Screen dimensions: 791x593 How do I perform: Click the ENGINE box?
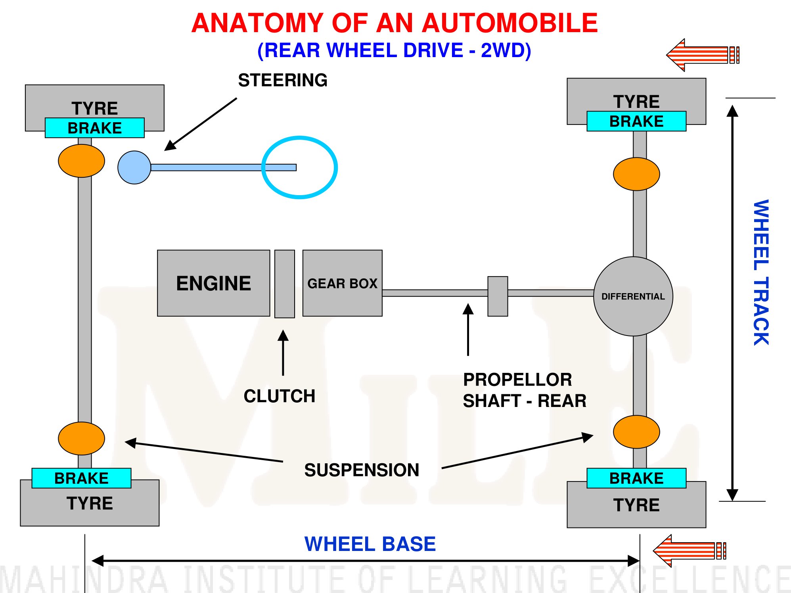pyautogui.click(x=213, y=283)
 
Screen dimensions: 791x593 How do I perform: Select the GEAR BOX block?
pyautogui.click(x=342, y=283)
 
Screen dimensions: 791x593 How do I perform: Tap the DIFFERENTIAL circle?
pyautogui.click(x=633, y=296)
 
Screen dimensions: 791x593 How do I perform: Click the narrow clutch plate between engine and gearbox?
pyautogui.click(x=285, y=284)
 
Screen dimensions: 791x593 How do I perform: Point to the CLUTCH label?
pyautogui.click(x=280, y=396)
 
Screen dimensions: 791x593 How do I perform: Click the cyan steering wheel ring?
pyautogui.click(x=262, y=167)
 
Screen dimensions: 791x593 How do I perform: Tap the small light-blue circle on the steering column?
pyautogui.click(x=134, y=167)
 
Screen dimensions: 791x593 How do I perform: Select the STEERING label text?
pyautogui.click(x=283, y=80)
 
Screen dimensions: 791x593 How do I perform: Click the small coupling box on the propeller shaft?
pyautogui.click(x=498, y=296)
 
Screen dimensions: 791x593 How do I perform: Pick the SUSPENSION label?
pyautogui.click(x=362, y=470)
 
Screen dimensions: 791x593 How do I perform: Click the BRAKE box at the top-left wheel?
pyautogui.click(x=95, y=128)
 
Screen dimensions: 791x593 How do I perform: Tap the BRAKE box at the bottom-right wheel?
pyautogui.click(x=636, y=478)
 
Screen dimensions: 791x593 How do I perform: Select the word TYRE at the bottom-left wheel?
pyautogui.click(x=90, y=503)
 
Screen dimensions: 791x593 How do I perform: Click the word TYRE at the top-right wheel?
pyautogui.click(x=636, y=102)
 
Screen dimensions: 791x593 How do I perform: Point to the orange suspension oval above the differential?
pyautogui.click(x=636, y=174)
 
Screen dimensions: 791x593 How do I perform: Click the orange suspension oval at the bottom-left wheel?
pyautogui.click(x=81, y=438)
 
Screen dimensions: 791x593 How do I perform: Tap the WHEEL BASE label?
pyautogui.click(x=370, y=544)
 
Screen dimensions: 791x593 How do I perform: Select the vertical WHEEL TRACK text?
pyautogui.click(x=761, y=272)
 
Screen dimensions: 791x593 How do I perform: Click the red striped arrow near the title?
pyautogui.click(x=703, y=55)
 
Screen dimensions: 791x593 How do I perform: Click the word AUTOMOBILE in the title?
pyautogui.click(x=509, y=23)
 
